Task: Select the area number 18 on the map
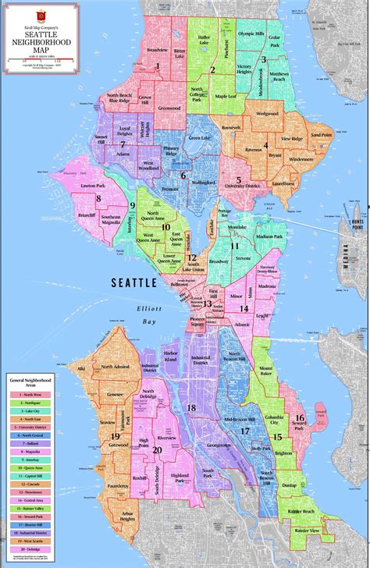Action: tap(190, 407)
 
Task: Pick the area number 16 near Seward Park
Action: tap(299, 419)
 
